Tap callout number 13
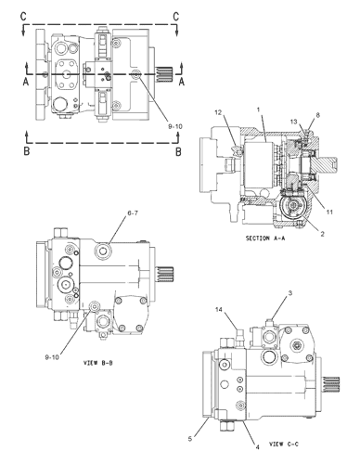point(292,122)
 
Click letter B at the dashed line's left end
point(26,148)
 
